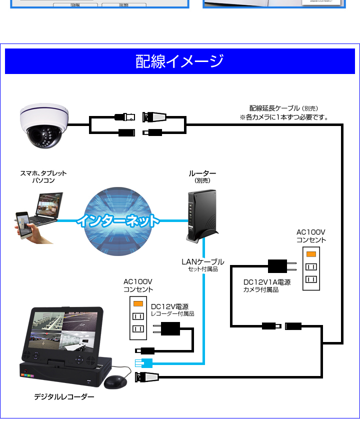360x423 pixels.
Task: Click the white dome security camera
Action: [x=44, y=125]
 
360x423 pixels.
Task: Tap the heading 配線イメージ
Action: [x=179, y=61]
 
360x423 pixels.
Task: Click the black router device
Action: [x=202, y=215]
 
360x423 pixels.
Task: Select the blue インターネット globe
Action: [x=118, y=221]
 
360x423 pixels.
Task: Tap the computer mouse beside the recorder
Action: [x=115, y=382]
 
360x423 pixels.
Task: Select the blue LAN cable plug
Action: [x=143, y=363]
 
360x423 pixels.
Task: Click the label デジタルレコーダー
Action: [x=64, y=397]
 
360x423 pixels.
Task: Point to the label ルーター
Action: [x=202, y=173]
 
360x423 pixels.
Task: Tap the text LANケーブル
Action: [x=203, y=261]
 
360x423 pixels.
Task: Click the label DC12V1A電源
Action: [x=267, y=282]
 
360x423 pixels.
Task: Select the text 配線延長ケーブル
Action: [x=274, y=108]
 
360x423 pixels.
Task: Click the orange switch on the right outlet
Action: [x=311, y=254]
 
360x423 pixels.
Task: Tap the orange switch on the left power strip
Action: [x=138, y=304]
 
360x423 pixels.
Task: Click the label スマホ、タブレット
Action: [x=43, y=173]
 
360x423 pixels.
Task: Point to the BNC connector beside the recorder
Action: [x=147, y=377]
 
